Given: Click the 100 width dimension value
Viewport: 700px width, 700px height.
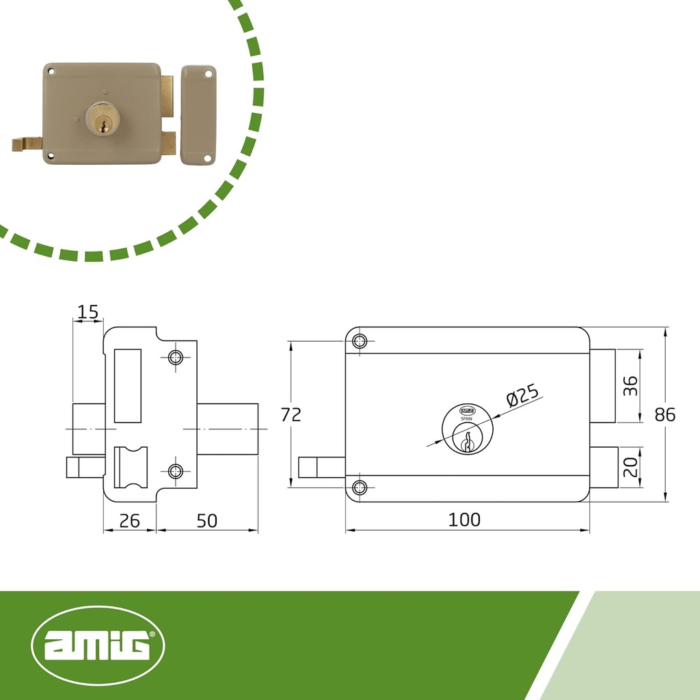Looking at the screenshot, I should pyautogui.click(x=464, y=520).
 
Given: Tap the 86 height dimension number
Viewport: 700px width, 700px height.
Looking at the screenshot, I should pyautogui.click(x=664, y=414).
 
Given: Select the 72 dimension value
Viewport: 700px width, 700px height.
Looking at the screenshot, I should pyautogui.click(x=291, y=414).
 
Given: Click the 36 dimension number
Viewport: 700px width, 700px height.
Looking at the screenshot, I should pyautogui.click(x=630, y=386).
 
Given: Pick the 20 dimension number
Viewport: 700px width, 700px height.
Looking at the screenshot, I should pyautogui.click(x=630, y=468).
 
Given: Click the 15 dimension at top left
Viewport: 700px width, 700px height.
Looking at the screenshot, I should pyautogui.click(x=87, y=312).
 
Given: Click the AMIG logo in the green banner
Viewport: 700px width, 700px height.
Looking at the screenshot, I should pyautogui.click(x=99, y=645).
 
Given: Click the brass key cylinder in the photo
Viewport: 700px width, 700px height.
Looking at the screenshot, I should pyautogui.click(x=103, y=118).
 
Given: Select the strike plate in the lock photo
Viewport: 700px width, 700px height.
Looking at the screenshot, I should pyautogui.click(x=198, y=114).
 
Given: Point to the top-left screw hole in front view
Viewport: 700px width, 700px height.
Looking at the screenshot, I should pyautogui.click(x=360, y=342).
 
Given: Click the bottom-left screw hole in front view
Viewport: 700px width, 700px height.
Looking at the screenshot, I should pyautogui.click(x=360, y=487).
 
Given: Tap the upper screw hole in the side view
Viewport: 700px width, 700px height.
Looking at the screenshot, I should pyautogui.click(x=176, y=358).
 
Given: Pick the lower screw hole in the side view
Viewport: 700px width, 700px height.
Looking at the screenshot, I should pyautogui.click(x=176, y=470).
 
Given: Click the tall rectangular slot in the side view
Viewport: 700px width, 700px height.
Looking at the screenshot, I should pyautogui.click(x=127, y=385).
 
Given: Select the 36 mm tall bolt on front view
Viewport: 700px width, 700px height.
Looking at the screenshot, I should pyautogui.click(x=603, y=386).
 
